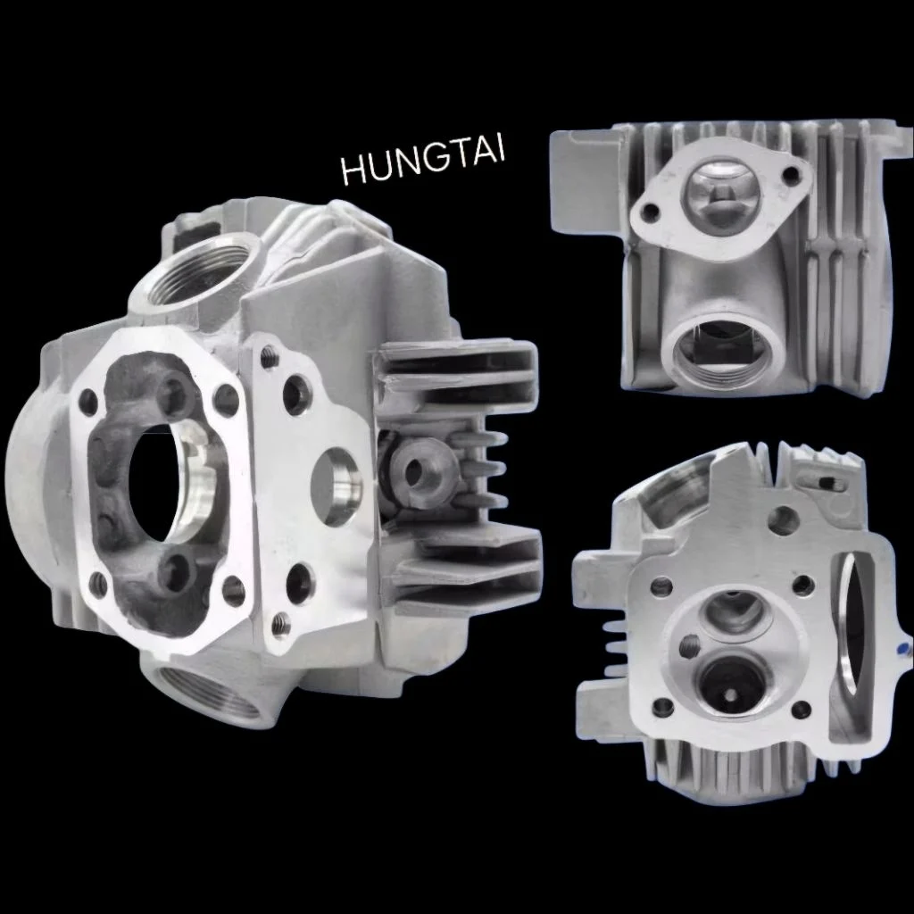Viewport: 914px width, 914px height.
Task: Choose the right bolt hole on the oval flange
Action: click(791, 174)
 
